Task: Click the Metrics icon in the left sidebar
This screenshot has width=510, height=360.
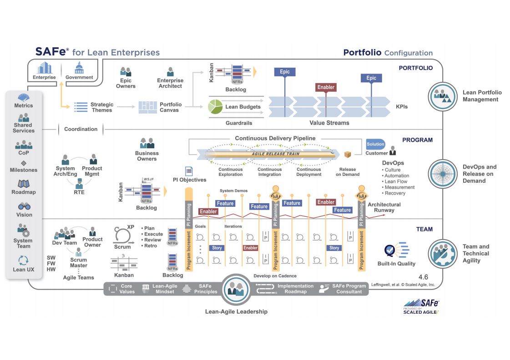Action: tap(23, 97)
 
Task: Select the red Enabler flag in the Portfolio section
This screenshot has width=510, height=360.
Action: tap(325, 87)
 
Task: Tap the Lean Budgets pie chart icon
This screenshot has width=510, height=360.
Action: tap(215, 107)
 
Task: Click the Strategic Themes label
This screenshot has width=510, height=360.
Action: tap(101, 107)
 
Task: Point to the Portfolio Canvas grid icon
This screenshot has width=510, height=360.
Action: tap(147, 107)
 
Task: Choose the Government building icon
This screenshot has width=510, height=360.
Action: tap(79, 69)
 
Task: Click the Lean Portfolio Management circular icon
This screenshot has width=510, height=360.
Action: tap(443, 96)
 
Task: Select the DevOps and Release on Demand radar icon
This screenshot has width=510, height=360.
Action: tap(443, 174)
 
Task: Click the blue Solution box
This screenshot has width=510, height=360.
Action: tap(375, 144)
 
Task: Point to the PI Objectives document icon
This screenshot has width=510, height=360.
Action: tap(189, 171)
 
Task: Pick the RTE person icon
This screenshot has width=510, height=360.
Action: tap(79, 183)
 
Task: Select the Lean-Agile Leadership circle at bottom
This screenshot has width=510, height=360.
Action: tap(236, 289)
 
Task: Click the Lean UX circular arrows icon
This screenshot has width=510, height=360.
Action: tap(23, 260)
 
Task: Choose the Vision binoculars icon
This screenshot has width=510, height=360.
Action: tap(24, 206)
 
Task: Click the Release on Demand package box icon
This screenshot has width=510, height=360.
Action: tap(348, 155)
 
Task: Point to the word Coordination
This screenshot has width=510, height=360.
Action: tap(81, 129)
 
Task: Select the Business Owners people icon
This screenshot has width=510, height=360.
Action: tap(146, 143)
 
